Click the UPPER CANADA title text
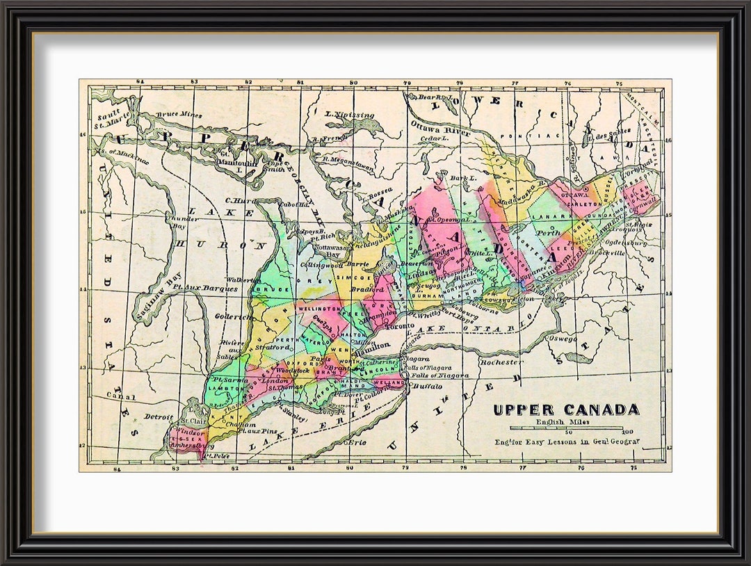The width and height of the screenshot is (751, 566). (565, 410)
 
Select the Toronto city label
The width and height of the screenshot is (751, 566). (400, 325)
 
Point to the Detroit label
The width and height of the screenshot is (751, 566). (159, 417)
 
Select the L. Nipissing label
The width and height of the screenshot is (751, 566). (350, 115)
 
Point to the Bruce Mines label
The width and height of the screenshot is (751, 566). (179, 115)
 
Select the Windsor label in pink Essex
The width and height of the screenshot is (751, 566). (191, 432)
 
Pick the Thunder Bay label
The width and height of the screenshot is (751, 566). (182, 222)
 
